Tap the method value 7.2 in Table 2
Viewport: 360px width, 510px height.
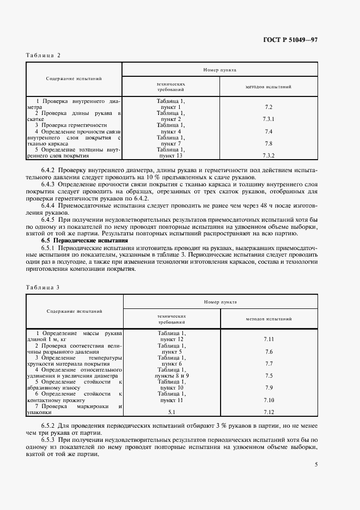[268, 108]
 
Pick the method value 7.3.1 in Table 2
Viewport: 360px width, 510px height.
[268, 119]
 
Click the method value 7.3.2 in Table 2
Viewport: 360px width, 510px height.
[268, 155]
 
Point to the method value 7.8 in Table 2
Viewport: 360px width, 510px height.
[268, 143]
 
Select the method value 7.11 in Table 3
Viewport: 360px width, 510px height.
[268, 339]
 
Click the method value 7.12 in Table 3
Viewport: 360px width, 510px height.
[268, 412]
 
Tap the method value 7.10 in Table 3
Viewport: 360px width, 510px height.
[268, 400]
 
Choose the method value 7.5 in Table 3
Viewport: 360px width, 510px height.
[268, 376]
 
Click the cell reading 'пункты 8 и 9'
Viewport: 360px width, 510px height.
[172, 376]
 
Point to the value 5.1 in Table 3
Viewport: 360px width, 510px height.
[172, 412]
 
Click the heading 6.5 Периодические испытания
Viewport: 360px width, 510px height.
[85, 240]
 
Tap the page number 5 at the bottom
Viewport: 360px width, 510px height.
[316, 465]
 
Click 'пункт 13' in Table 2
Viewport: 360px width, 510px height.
[171, 155]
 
